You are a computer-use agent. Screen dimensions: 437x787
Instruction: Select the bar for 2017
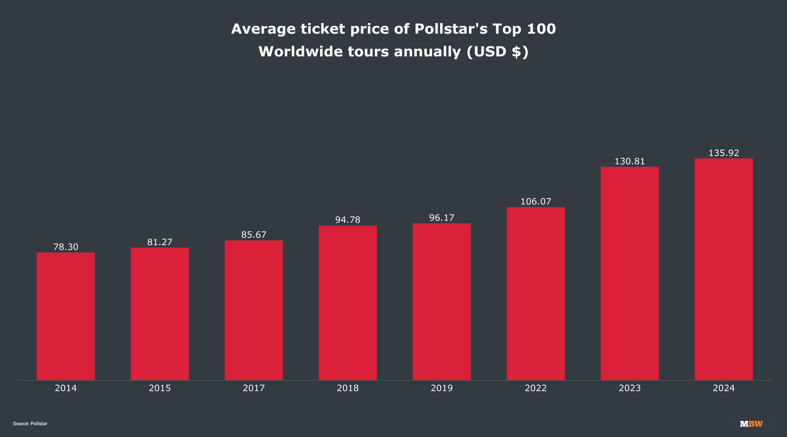click(254, 310)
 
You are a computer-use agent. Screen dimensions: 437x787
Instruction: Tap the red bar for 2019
click(442, 302)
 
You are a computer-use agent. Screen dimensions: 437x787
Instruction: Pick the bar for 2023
click(630, 273)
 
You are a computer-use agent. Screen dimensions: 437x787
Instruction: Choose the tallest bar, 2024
click(724, 269)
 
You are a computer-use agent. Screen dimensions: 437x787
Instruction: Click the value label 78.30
click(66, 247)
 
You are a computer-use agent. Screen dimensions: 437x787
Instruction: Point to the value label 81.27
click(160, 242)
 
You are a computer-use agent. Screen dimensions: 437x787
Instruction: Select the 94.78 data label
click(348, 220)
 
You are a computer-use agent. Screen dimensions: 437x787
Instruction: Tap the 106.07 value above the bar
click(536, 201)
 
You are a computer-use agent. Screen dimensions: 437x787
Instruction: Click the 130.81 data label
click(630, 161)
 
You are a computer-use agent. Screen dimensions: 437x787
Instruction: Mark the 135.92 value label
click(724, 153)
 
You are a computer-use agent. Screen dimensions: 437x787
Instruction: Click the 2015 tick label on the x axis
click(160, 388)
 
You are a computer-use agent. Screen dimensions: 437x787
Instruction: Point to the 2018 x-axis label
click(348, 388)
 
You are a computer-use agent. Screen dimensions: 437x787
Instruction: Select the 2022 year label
click(536, 388)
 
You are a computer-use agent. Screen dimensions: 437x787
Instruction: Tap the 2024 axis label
click(724, 388)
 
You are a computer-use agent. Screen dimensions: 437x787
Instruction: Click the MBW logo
click(751, 424)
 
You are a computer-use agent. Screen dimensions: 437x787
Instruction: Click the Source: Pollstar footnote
click(30, 424)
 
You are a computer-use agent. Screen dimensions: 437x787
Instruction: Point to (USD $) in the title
click(498, 52)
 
